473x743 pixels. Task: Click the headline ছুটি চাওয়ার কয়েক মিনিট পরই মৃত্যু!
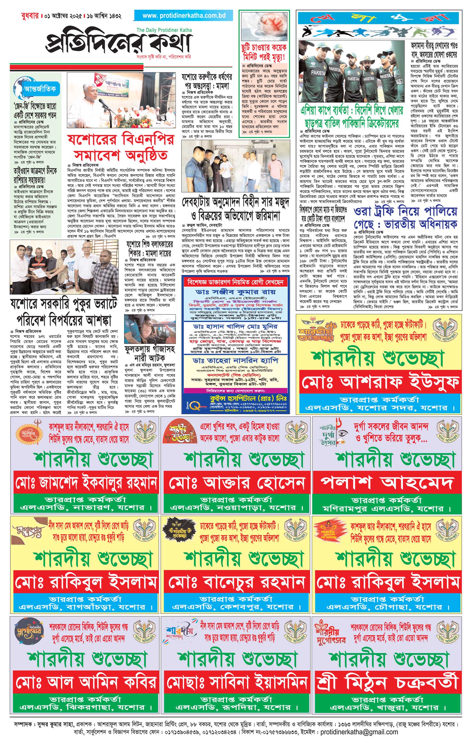coord(264,52)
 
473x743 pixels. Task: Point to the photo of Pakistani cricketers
coord(351,72)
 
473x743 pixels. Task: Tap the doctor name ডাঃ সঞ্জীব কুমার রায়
coord(235,292)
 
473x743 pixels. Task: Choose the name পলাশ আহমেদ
coord(387,483)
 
